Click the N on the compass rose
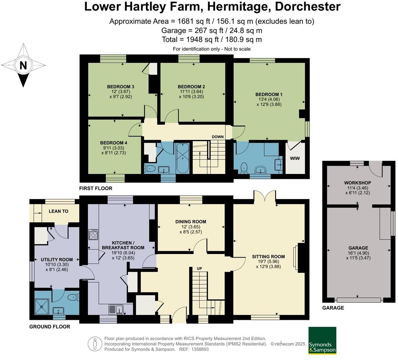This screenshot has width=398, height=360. click(x=23, y=65)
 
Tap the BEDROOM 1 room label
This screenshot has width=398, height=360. click(x=269, y=94)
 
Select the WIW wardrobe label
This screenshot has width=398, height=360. click(x=295, y=159)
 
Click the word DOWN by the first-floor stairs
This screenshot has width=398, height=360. click(x=218, y=137)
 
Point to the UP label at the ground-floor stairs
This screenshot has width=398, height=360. click(x=199, y=268)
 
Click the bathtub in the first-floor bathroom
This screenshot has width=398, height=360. click(x=182, y=158)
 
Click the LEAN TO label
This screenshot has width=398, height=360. click(x=58, y=211)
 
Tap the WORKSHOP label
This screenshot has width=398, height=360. click(x=358, y=183)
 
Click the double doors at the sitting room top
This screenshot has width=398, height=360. click(x=265, y=197)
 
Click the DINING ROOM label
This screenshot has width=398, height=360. click(x=190, y=222)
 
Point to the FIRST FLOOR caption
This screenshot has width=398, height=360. click(x=96, y=188)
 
